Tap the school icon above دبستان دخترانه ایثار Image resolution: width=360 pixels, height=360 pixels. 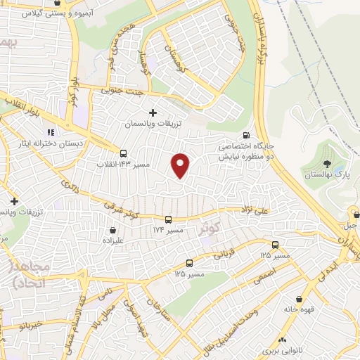click(50, 132)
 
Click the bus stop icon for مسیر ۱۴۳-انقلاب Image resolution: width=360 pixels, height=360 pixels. click(124, 153)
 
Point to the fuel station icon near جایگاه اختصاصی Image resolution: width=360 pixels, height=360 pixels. click(245, 136)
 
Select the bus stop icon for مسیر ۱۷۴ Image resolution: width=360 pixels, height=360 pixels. click(168, 219)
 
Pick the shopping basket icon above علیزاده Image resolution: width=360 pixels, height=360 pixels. click(112, 229)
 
